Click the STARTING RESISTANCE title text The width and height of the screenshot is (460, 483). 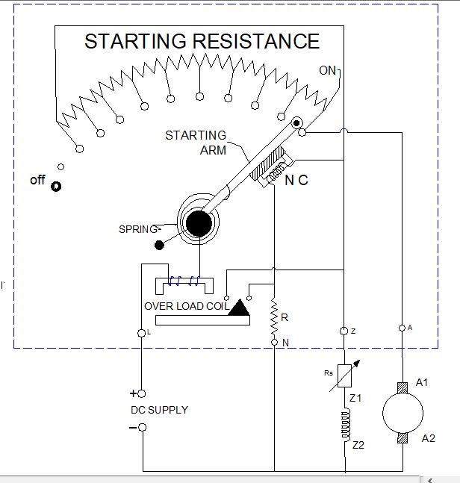tap(202, 41)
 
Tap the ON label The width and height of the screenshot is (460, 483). tap(328, 71)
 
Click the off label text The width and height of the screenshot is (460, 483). tap(37, 180)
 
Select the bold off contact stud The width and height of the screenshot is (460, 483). tap(56, 186)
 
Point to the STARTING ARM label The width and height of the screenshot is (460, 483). tap(196, 142)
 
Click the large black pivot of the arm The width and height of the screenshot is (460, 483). tap(199, 222)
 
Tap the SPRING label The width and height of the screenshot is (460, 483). tap(138, 229)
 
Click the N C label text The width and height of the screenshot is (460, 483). tap(296, 181)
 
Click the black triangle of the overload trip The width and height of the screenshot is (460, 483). tap(240, 307)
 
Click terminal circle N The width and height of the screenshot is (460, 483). tap(274, 342)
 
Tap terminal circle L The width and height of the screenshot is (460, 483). tap(142, 332)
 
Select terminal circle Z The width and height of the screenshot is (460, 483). tap(344, 330)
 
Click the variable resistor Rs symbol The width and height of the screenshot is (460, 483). tap(346, 373)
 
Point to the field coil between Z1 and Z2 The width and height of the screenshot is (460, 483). tap(346, 426)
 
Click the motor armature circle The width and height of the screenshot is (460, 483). tap(402, 412)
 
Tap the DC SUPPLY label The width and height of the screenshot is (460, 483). tap(159, 410)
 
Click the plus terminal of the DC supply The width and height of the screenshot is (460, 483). tap(142, 393)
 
